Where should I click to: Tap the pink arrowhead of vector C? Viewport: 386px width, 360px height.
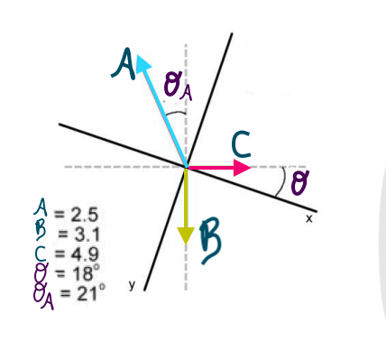pos(241,167)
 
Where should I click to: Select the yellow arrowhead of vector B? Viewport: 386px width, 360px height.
pos(186,235)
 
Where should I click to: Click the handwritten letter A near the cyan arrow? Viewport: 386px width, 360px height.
pos(124,62)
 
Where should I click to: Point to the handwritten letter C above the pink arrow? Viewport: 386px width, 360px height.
pos(241,144)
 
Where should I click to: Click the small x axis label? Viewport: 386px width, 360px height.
pos(308,218)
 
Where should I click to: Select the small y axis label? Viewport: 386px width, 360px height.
pos(130,284)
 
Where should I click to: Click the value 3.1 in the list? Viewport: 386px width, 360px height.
pos(84,231)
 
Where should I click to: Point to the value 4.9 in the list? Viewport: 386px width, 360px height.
pos(84,247)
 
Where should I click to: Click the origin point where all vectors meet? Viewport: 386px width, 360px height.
pos(186,167)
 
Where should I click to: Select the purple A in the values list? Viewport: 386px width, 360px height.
pos(38,213)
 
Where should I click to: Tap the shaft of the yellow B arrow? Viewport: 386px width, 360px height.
pos(186,198)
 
